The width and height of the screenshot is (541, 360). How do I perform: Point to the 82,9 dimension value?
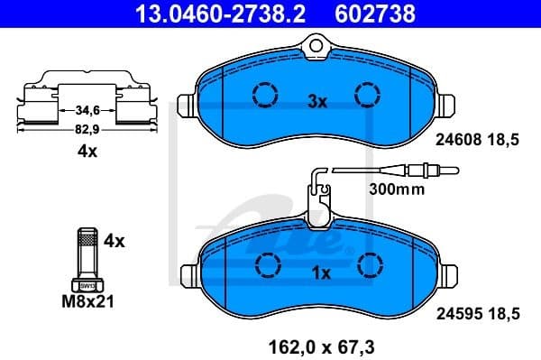87,129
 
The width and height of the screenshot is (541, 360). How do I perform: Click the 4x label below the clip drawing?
87,152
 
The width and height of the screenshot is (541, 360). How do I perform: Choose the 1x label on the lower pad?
321,272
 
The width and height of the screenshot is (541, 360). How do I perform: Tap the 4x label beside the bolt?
115,241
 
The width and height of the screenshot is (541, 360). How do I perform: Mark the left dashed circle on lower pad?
268,263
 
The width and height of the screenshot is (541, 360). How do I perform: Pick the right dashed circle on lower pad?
370,263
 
